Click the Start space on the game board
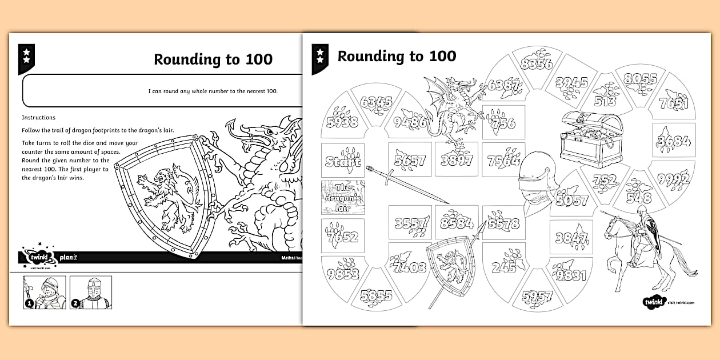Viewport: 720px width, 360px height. (x=343, y=161)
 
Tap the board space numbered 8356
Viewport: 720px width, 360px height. (x=536, y=63)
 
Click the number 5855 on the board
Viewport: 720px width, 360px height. (x=375, y=296)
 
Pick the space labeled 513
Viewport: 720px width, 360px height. (x=606, y=97)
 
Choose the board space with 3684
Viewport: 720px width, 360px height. (x=674, y=140)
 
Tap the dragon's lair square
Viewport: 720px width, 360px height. (x=343, y=197)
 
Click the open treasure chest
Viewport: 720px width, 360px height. (x=591, y=138)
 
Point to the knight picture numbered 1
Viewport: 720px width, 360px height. (x=45, y=292)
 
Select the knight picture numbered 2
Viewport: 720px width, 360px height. (x=91, y=292)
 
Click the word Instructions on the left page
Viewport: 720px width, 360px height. (x=39, y=117)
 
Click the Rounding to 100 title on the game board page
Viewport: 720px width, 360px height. (x=397, y=56)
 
